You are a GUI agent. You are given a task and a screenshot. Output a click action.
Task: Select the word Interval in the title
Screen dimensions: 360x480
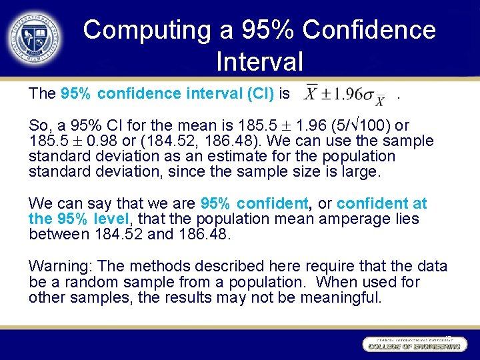tap(259, 61)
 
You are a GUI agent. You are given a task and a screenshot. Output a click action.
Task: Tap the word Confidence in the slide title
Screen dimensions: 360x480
tap(369, 30)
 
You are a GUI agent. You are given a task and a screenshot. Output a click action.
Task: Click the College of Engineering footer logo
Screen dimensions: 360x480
tap(413, 345)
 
